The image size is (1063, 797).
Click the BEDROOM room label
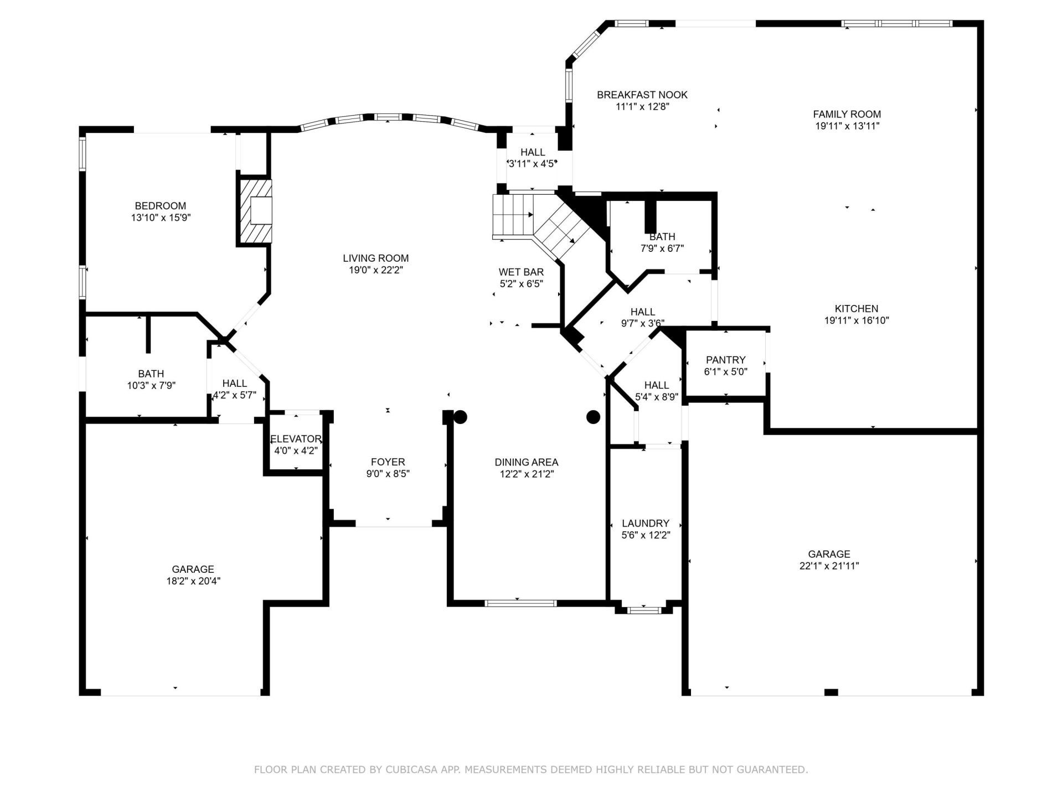[161, 206]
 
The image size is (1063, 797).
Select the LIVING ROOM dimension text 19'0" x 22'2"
[375, 270]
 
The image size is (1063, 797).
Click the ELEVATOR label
[296, 439]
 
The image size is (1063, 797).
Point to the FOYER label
[388, 462]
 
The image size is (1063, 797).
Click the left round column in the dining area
[460, 417]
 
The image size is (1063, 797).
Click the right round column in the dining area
[593, 417]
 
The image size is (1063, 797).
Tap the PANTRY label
[725, 360]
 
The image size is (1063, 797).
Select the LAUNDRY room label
[645, 523]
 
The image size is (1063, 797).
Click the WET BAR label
[521, 272]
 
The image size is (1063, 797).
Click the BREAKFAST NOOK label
[642, 95]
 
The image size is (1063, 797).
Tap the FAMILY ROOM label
[847, 114]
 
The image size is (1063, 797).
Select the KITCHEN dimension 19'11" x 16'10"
[856, 320]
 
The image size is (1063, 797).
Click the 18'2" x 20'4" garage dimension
[193, 581]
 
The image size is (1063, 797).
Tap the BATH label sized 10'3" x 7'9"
[151, 374]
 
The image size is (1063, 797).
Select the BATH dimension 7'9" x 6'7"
[662, 249]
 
